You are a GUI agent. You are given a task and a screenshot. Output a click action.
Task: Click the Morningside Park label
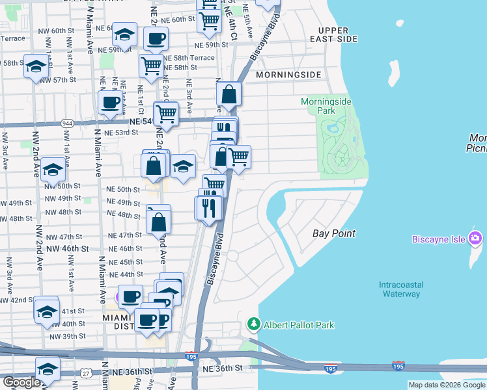pyautogui.click(x=326, y=107)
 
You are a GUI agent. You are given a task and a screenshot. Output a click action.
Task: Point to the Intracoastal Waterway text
pyautogui.click(x=401, y=289)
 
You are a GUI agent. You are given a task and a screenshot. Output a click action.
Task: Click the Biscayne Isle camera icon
pyautogui.click(x=475, y=239)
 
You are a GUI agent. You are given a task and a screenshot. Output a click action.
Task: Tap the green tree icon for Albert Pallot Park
pyautogui.click(x=253, y=324)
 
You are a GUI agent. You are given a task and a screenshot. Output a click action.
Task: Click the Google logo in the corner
pyautogui.click(x=21, y=382)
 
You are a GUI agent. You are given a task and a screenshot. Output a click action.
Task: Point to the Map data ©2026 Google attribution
pyautogui.click(x=447, y=385)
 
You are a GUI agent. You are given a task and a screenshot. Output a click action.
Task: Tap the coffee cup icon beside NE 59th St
pyautogui.click(x=155, y=38)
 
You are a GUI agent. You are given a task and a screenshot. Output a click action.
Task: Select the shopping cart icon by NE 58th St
pyautogui.click(x=151, y=65)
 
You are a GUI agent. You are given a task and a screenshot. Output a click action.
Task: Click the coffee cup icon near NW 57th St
pyautogui.click(x=110, y=101)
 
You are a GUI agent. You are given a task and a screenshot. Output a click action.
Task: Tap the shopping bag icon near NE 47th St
pyautogui.click(x=158, y=221)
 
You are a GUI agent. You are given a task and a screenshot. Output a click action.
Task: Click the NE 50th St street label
pyautogui.click(x=123, y=189)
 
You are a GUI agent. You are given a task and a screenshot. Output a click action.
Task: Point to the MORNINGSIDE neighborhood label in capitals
pyautogui.click(x=288, y=75)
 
